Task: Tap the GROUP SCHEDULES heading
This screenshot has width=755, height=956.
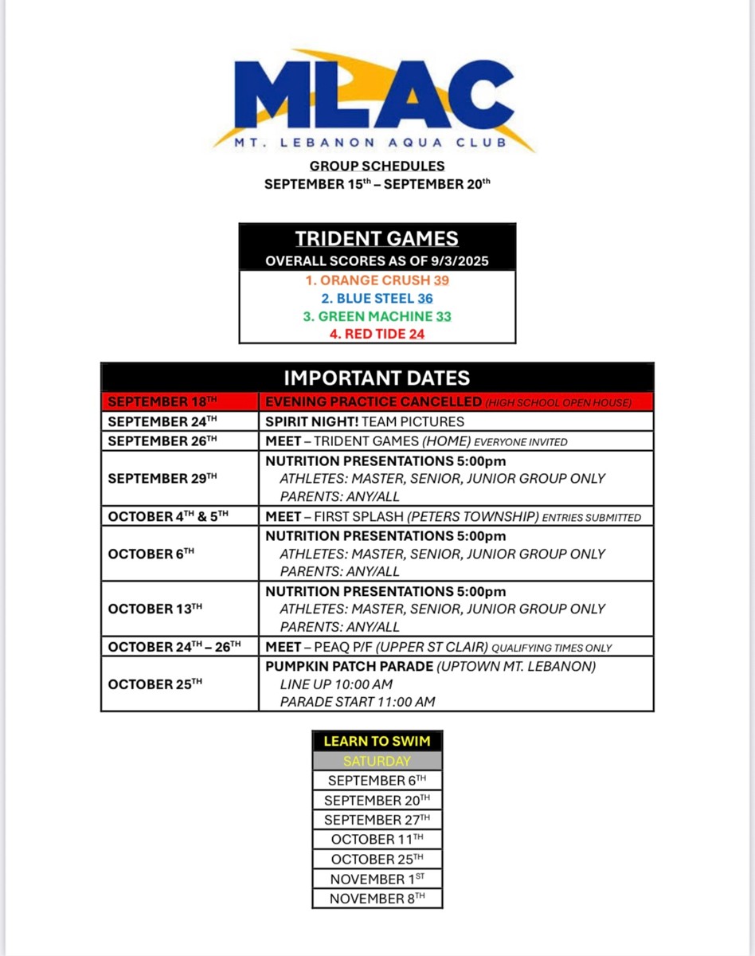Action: pos(377,166)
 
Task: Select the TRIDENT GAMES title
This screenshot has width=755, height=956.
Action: pos(377,238)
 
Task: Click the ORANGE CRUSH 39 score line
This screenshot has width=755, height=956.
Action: pos(377,280)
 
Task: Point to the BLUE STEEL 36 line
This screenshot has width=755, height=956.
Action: pos(377,299)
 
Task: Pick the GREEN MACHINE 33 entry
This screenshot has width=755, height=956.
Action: pos(377,316)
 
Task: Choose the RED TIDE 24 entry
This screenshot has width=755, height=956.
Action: pos(377,334)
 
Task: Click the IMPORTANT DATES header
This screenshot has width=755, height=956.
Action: pos(377,378)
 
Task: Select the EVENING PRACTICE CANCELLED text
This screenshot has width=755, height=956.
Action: pos(374,402)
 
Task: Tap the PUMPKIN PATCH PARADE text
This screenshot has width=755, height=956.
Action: pos(350,666)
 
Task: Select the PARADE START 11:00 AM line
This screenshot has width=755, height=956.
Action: pos(358,702)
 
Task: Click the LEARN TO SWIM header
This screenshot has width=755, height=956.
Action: pos(377,741)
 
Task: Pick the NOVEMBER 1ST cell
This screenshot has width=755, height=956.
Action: pos(377,879)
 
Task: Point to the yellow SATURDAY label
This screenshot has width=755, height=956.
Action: pos(377,761)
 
